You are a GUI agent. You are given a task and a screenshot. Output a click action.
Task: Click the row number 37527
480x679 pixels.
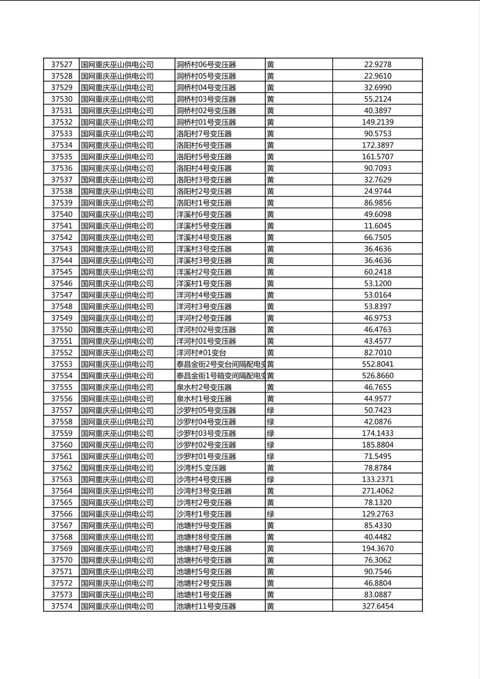tap(61, 65)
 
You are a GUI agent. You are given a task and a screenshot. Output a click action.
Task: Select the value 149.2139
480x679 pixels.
tap(377, 122)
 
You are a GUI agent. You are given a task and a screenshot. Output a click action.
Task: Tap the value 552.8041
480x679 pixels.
tap(377, 364)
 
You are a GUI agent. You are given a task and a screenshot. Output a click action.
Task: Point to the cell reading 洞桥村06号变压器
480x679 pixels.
tap(206, 65)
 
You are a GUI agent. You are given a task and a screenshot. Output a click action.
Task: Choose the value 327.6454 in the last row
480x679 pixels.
tap(377, 606)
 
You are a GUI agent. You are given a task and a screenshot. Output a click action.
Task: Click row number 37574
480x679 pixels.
tap(61, 606)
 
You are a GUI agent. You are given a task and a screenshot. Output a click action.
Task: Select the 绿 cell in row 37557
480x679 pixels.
tap(271, 411)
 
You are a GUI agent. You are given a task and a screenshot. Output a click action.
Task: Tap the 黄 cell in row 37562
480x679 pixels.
tap(271, 468)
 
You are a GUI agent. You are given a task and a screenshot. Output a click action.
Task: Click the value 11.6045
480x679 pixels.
tap(377, 226)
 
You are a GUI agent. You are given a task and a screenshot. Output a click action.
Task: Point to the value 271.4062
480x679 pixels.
tap(377, 491)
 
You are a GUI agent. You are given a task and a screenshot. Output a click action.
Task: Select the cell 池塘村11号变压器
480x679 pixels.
tap(206, 606)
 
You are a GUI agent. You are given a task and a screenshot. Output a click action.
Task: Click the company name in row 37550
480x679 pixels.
tap(117, 330)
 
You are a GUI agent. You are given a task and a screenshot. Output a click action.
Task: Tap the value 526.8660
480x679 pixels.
tap(377, 376)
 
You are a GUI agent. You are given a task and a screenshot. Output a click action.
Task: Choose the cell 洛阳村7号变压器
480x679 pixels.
tap(204, 134)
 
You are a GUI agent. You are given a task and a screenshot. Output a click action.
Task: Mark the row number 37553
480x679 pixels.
tap(61, 364)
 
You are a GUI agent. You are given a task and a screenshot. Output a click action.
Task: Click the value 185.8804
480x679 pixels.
tap(377, 445)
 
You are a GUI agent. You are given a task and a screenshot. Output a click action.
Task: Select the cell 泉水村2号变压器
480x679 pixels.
tap(204, 387)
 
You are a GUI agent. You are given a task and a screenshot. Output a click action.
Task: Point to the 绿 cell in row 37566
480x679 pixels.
tap(271, 514)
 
